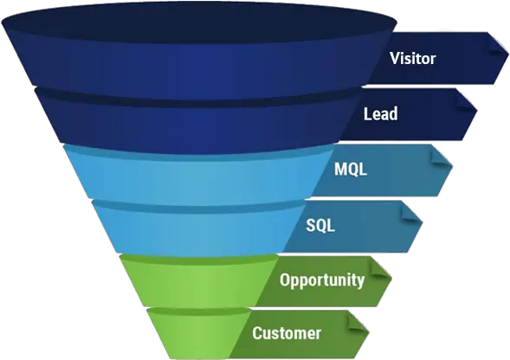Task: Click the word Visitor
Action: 412,60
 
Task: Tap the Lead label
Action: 381,113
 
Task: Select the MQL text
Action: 351,170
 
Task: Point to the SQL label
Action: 320,225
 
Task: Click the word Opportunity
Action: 321,280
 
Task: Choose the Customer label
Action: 287,333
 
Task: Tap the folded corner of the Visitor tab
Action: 498,44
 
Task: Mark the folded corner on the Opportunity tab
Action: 381,265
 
